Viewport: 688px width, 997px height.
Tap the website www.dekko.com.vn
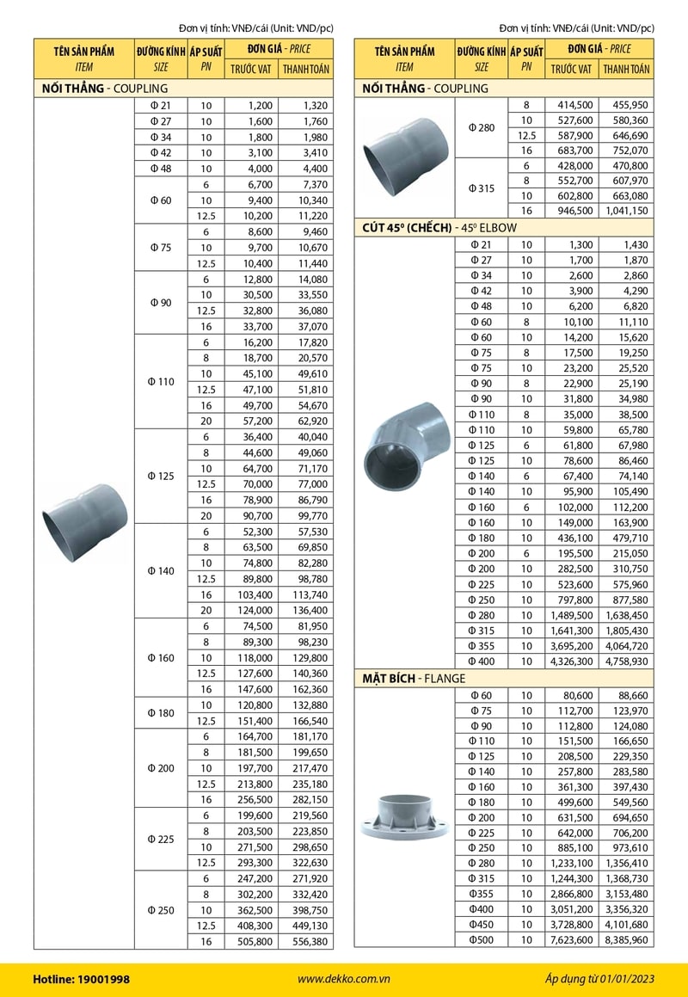pyautogui.click(x=344, y=979)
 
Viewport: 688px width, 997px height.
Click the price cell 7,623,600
pyautogui.click(x=570, y=940)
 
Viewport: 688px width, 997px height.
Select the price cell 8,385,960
pyautogui.click(x=625, y=940)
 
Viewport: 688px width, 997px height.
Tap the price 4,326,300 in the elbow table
pyautogui.click(x=570, y=661)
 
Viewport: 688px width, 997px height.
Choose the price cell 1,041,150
pyautogui.click(x=625, y=210)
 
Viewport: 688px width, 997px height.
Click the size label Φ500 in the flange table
pyautogui.click(x=482, y=940)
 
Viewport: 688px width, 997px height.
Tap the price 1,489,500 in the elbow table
pyautogui.click(x=570, y=614)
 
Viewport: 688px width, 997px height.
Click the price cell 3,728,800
pyautogui.click(x=570, y=925)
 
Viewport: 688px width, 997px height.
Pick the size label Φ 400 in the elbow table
pyautogui.click(x=482, y=661)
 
